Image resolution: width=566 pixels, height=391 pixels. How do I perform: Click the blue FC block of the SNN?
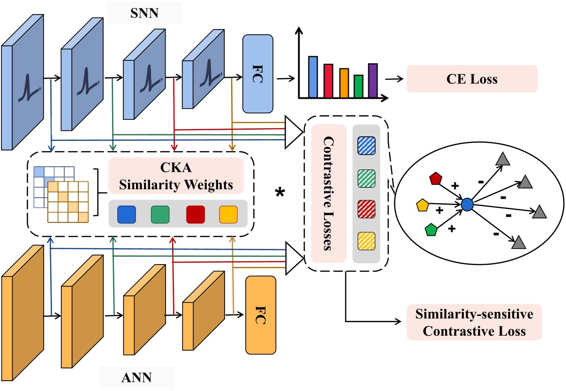click(x=257, y=74)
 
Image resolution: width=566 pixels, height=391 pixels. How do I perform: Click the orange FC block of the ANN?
click(x=261, y=315)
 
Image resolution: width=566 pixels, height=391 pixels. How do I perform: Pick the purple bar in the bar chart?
click(x=372, y=81)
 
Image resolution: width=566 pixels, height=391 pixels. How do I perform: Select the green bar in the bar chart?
click(x=358, y=86)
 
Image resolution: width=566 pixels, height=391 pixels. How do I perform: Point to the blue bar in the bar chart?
click(x=313, y=77)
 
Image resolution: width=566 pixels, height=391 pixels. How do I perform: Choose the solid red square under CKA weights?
click(x=195, y=214)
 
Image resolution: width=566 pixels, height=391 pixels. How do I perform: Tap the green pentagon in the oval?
click(x=431, y=230)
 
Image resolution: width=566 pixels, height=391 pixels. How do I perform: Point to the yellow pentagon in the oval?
click(x=423, y=205)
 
